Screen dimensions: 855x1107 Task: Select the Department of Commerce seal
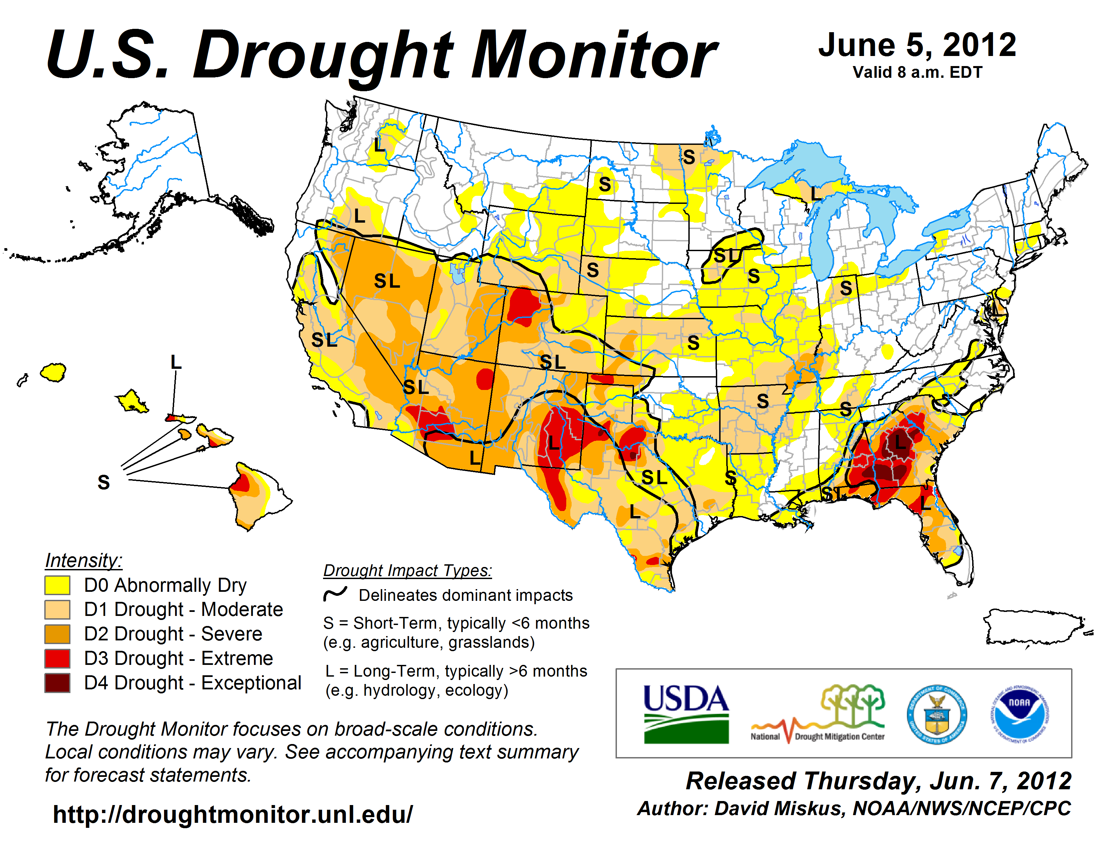[937, 714]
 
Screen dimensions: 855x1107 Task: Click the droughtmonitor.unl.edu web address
[233, 814]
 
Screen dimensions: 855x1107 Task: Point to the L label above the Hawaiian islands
[176, 362]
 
